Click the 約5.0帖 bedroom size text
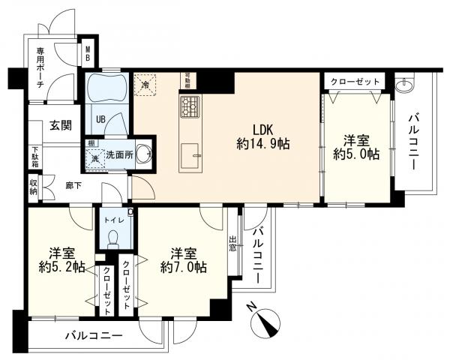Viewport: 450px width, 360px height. click(x=355, y=154)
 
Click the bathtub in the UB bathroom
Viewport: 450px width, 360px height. click(x=108, y=91)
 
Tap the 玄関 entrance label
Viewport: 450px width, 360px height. click(x=61, y=124)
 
